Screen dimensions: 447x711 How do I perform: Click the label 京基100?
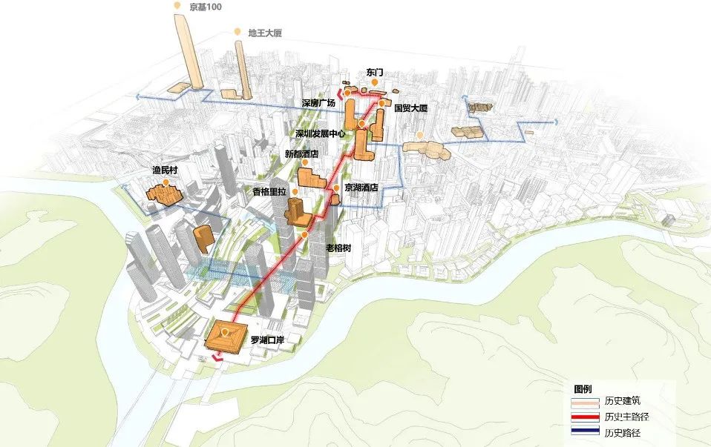click(206, 7)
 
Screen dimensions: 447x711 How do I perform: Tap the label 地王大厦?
click(265, 33)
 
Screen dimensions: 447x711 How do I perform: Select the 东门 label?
click(376, 73)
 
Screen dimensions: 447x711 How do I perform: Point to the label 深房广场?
click(318, 103)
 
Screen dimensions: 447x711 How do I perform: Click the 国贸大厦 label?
click(411, 108)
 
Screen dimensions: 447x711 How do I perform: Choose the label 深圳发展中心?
click(321, 134)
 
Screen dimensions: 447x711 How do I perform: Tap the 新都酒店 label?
click(301, 154)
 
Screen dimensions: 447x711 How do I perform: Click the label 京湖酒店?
click(361, 188)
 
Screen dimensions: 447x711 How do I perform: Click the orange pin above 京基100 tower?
click(177, 6)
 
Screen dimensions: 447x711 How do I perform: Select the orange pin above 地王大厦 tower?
click(237, 32)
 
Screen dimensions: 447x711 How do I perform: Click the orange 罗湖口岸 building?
click(224, 337)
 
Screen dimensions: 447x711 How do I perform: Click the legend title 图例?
click(583, 389)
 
